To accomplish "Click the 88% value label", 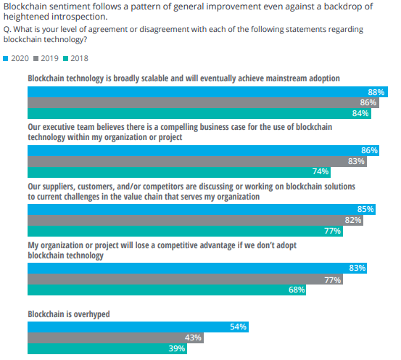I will point(376,92).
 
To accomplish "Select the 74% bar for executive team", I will point(180,172).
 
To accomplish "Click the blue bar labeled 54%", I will point(138,327).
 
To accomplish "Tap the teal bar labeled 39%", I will point(107,348).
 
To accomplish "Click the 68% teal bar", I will point(166,290).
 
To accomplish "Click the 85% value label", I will point(365,209).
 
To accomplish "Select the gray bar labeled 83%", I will point(197,161).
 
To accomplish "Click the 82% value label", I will point(353,220).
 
